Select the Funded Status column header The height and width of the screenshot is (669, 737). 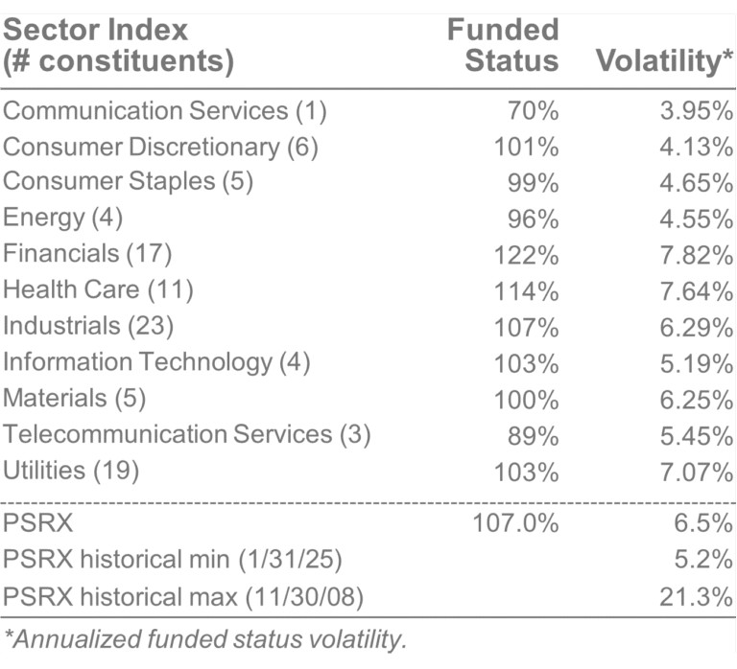(x=503, y=45)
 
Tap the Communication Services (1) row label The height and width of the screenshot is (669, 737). (x=165, y=111)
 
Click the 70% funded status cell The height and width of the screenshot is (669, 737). (x=533, y=111)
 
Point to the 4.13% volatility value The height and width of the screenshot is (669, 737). (x=695, y=147)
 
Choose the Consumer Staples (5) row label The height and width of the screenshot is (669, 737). (x=128, y=182)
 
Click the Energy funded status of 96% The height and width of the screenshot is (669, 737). (x=533, y=219)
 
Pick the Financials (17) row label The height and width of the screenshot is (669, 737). (x=87, y=254)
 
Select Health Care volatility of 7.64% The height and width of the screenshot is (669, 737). (x=695, y=289)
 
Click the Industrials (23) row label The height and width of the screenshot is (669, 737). (x=88, y=326)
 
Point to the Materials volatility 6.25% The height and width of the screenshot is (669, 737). (x=695, y=398)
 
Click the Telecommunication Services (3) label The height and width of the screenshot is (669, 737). (x=187, y=434)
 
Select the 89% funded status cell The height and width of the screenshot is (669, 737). (x=533, y=434)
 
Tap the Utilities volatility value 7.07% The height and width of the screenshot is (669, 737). (x=695, y=470)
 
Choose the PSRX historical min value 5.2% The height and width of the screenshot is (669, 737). (x=703, y=561)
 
